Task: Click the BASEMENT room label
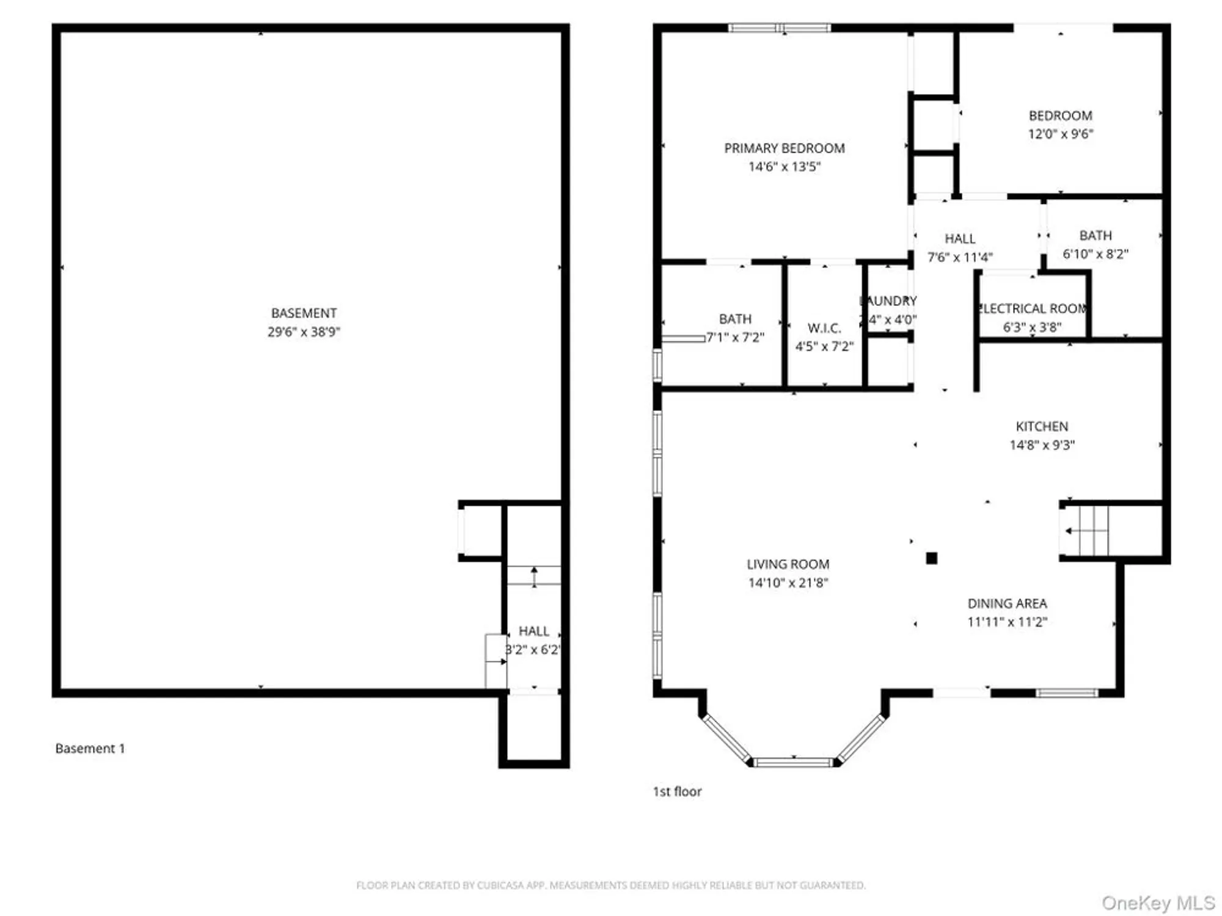304,313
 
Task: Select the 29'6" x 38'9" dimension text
304,332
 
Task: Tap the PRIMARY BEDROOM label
785,148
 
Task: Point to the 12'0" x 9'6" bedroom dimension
1061,134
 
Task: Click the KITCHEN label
1042,426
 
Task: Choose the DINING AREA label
1007,603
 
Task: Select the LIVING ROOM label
788,564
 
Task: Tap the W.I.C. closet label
824,328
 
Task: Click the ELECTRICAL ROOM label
1033,308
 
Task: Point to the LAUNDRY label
888,301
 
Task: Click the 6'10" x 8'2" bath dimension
1096,254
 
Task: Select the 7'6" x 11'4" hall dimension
960,257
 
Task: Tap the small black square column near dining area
931,558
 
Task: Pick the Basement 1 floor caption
90,749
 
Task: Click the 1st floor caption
677,791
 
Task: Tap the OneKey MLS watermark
1158,903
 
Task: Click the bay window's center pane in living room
793,762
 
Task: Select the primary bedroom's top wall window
780,27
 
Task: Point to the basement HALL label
533,631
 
